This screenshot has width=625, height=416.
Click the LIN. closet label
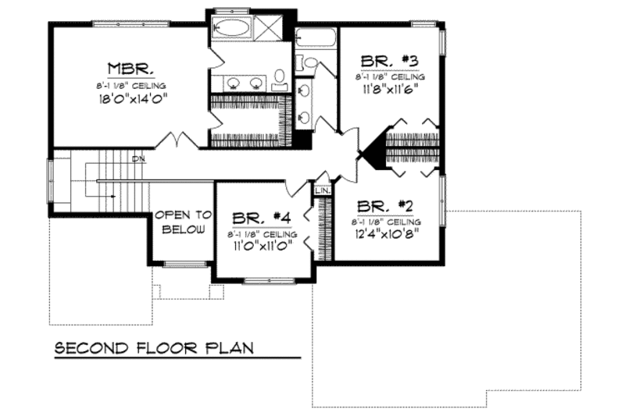[x=322, y=190]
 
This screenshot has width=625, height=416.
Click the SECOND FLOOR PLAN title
[x=154, y=347]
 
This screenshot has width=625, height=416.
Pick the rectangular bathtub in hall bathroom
[x=316, y=36]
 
